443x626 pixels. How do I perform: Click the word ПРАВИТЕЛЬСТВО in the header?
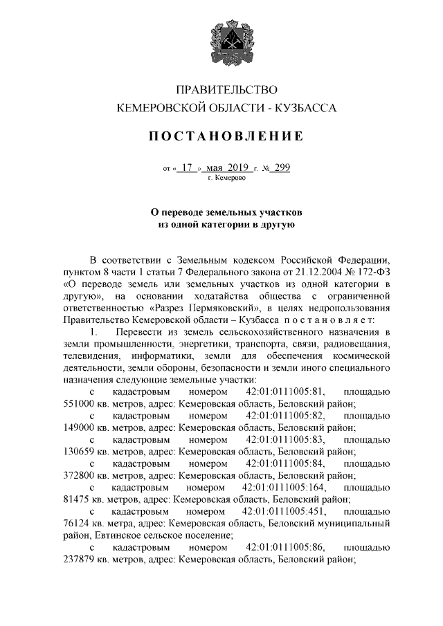tap(227, 90)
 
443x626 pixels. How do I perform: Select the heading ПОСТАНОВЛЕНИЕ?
tap(227, 136)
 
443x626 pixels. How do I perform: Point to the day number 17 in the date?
tap(186, 167)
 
